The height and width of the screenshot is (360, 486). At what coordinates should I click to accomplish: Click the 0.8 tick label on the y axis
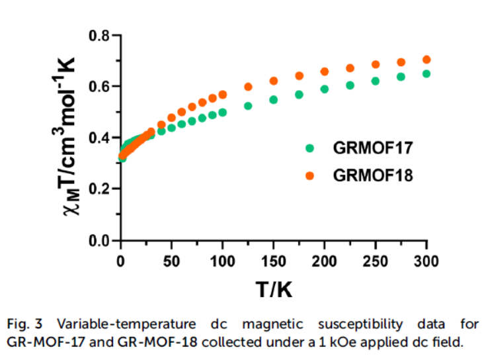100,35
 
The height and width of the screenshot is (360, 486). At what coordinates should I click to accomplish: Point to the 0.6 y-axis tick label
100,87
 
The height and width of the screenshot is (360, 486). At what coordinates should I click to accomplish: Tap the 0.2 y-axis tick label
100,189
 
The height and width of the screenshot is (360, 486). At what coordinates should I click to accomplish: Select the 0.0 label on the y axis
100,241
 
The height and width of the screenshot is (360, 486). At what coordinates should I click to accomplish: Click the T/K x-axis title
273,289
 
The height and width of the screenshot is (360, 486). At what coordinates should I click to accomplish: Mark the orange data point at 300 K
426,60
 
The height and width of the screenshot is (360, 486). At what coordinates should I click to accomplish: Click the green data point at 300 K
426,73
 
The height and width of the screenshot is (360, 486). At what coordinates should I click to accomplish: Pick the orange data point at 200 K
325,71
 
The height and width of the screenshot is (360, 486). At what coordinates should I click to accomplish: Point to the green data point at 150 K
273,100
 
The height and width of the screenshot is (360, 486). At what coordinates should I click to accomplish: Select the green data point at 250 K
376,81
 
